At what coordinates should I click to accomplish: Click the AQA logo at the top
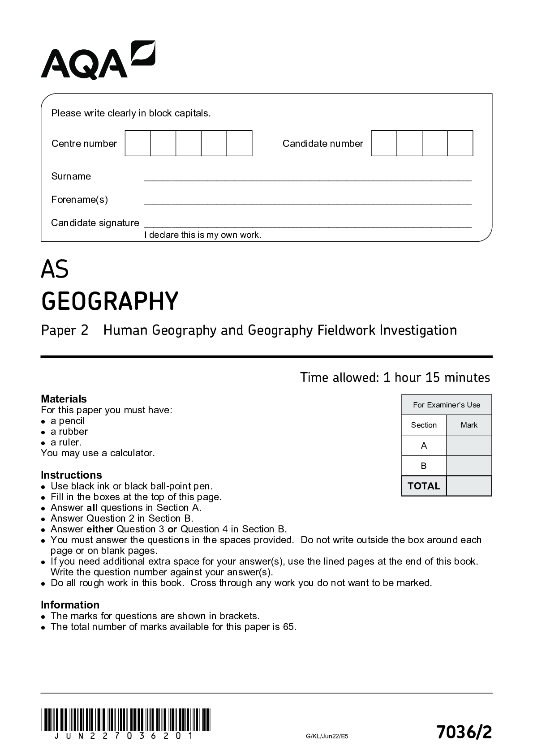98,60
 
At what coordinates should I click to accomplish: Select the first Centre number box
138,143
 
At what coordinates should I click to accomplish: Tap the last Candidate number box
460,143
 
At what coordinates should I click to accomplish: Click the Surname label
71,176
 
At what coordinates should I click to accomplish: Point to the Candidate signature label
95,223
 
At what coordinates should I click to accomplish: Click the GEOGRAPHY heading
110,301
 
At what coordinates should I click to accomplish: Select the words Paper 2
65,330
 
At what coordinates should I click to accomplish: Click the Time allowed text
395,377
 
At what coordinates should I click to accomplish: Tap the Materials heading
64,399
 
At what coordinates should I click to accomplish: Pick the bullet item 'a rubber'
69,432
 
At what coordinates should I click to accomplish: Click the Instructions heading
71,475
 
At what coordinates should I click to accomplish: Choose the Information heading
70,605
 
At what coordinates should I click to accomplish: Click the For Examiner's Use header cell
446,405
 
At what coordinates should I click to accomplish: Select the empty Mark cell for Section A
469,446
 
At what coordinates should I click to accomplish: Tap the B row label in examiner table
424,466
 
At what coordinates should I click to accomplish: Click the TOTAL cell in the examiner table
424,486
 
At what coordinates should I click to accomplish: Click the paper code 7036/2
464,733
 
